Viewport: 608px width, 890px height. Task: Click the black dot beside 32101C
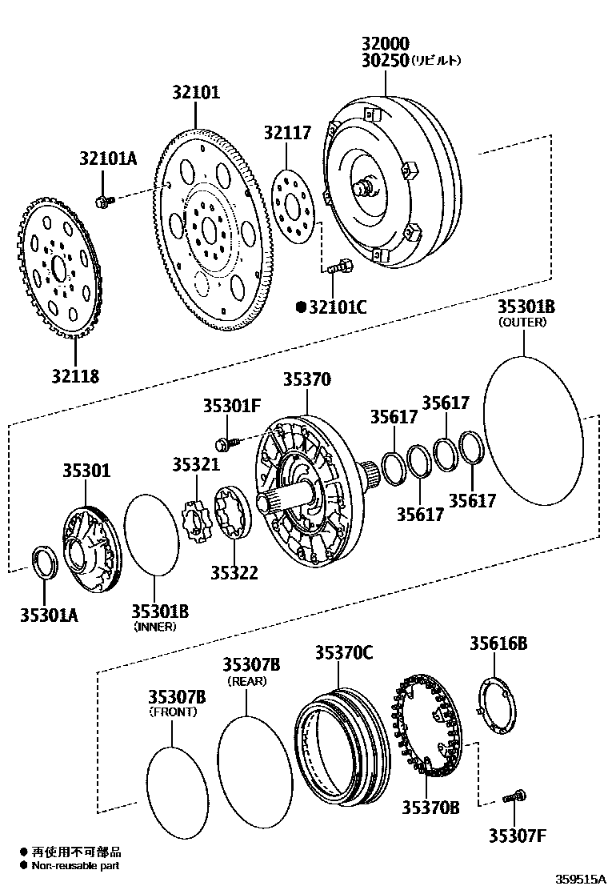[302, 305]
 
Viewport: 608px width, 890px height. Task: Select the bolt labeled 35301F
[225, 441]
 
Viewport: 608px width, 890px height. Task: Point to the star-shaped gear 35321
[196, 521]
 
